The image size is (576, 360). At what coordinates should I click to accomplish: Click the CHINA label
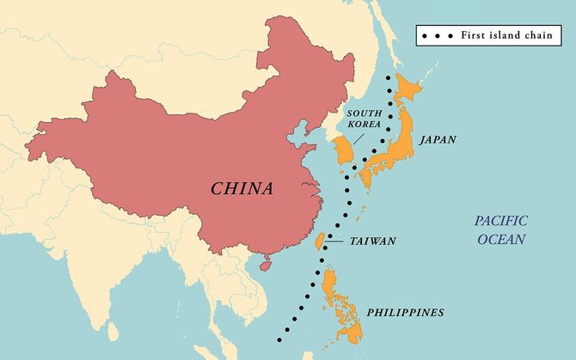pyautogui.click(x=242, y=188)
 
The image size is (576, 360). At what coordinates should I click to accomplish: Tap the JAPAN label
pyautogui.click(x=438, y=139)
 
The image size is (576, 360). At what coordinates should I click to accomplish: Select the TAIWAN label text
pyautogui.click(x=373, y=241)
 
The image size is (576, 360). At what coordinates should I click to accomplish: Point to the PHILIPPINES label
pyautogui.click(x=405, y=312)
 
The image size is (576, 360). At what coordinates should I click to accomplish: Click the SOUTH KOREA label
pyautogui.click(x=365, y=118)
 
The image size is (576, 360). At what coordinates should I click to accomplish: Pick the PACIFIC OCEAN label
pyautogui.click(x=503, y=229)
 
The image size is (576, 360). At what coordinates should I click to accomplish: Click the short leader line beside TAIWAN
pyautogui.click(x=336, y=241)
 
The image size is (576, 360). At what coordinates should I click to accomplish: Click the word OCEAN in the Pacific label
pyautogui.click(x=503, y=238)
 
